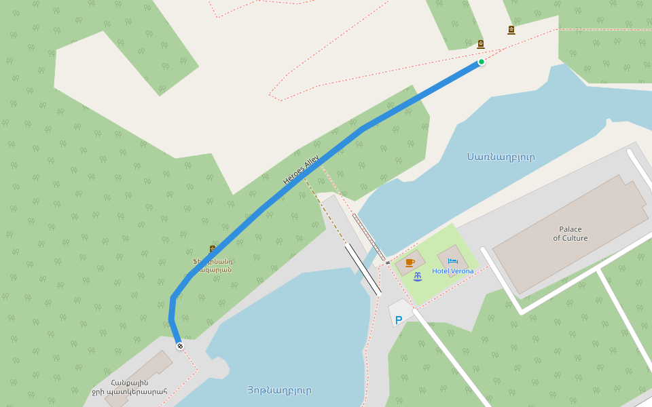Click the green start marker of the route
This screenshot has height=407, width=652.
click(482, 62)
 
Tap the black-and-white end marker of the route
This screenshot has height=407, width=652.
click(180, 347)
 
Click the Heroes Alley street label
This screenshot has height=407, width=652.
click(301, 170)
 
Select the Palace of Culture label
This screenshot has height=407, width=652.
click(570, 234)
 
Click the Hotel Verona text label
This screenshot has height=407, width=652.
click(453, 271)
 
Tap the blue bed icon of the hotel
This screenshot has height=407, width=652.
click(453, 260)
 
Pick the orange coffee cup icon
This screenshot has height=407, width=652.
click(410, 262)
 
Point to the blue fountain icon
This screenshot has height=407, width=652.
click(418, 276)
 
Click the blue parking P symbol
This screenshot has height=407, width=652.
click(399, 319)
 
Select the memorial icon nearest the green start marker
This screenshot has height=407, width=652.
click(481, 45)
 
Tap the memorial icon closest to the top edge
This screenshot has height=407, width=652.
click(511, 30)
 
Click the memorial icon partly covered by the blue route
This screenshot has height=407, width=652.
click(213, 249)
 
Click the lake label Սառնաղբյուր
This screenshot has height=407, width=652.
click(501, 157)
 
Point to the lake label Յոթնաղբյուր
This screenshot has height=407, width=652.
click(279, 391)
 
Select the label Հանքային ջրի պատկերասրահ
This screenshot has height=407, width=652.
click(129, 387)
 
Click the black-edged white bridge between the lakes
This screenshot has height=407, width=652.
click(363, 269)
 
